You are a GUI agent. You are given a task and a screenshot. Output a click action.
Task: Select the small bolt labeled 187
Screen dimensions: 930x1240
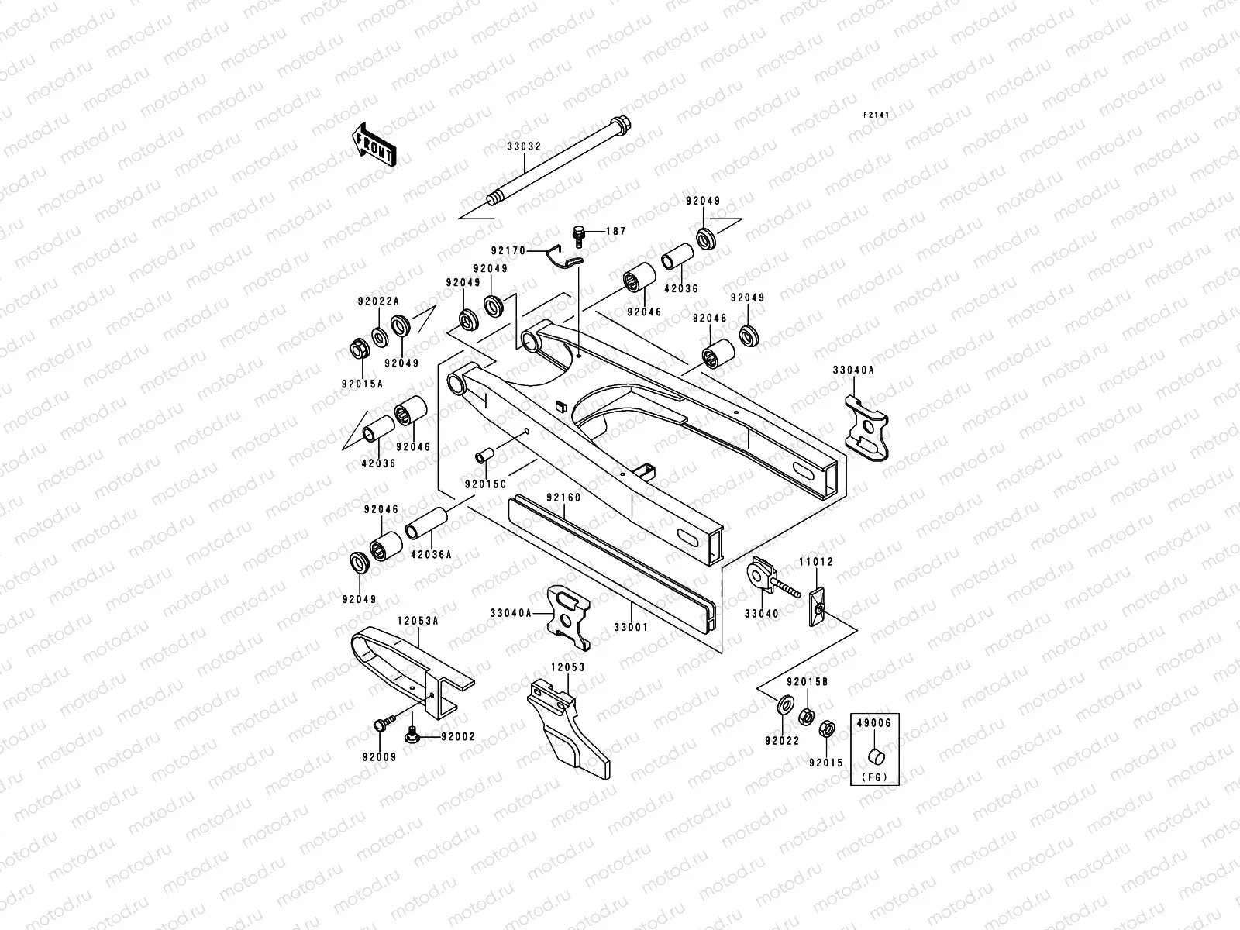coord(577,232)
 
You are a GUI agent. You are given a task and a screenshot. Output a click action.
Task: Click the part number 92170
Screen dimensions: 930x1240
coord(508,251)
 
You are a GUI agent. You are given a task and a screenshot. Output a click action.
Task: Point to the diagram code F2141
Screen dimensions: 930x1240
coord(877,115)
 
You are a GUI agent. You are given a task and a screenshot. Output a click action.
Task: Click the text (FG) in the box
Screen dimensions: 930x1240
coord(875,776)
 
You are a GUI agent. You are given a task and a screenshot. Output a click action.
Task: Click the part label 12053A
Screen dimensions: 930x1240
coord(418,621)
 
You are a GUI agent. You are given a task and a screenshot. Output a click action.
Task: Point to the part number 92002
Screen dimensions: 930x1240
coord(458,737)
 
